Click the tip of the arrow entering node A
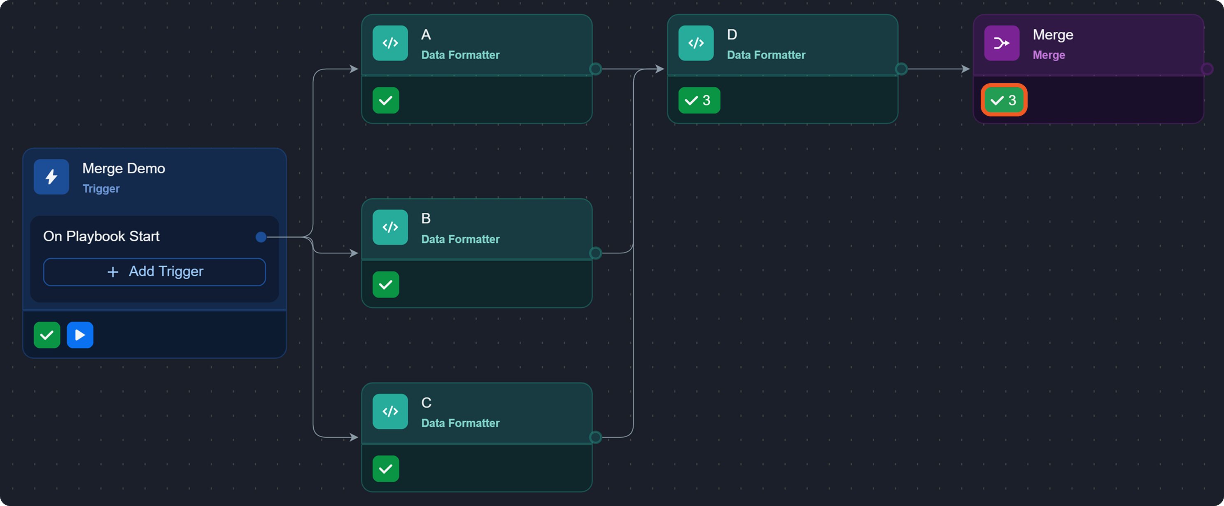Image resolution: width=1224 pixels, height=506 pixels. pyautogui.click(x=358, y=69)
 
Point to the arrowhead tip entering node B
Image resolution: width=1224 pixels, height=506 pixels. pyautogui.click(x=358, y=253)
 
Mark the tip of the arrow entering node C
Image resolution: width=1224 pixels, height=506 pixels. pyautogui.click(x=358, y=437)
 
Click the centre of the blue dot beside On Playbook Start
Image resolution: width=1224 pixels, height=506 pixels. pyautogui.click(x=261, y=237)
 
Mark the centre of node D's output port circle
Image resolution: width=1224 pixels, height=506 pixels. pyautogui.click(x=901, y=69)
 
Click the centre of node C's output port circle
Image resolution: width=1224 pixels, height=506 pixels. pyautogui.click(x=595, y=437)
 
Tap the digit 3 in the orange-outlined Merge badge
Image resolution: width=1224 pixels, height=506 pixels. pyautogui.click(x=1012, y=100)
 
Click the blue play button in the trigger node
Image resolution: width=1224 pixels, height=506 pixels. pyautogui.click(x=80, y=335)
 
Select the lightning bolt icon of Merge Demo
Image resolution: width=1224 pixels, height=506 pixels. pyautogui.click(x=51, y=176)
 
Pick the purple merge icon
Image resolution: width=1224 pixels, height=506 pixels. pyautogui.click(x=1002, y=43)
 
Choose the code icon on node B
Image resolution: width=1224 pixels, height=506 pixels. pyautogui.click(x=390, y=227)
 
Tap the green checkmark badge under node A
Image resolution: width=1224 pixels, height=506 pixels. pyautogui.click(x=386, y=100)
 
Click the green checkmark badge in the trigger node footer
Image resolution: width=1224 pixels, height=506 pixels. pyautogui.click(x=47, y=335)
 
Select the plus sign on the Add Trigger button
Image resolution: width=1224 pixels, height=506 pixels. pyautogui.click(x=113, y=272)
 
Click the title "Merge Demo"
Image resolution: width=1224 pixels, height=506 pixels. pyautogui.click(x=124, y=169)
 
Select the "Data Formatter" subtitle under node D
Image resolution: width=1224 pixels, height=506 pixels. pyautogui.click(x=766, y=55)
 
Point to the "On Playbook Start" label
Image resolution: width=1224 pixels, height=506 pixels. pyautogui.click(x=101, y=237)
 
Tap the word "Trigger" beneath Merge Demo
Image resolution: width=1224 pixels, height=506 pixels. pyautogui.click(x=101, y=188)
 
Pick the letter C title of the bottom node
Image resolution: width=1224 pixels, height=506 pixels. pyautogui.click(x=426, y=402)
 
